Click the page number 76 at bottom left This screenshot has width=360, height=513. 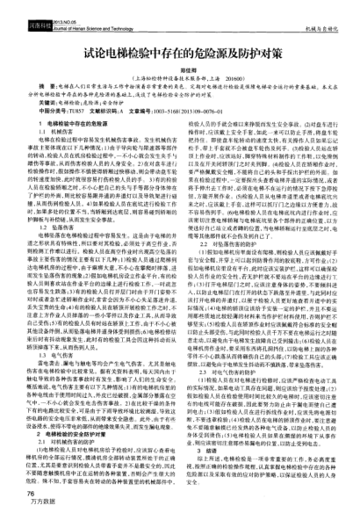click(x=20, y=495)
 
